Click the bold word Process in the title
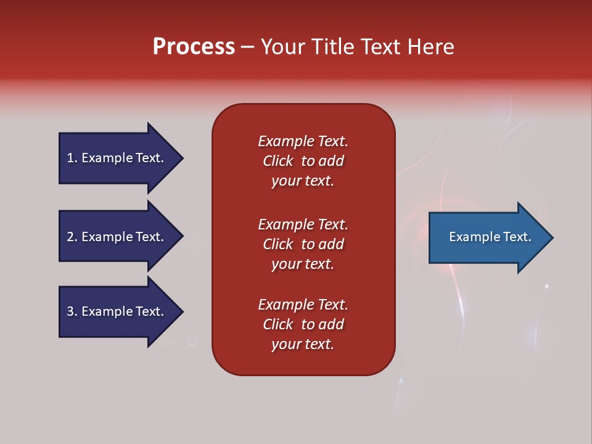tap(194, 47)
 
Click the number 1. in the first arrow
tap(72, 158)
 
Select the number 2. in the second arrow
tap(72, 237)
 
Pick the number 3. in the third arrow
tap(72, 311)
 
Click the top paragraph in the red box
tap(303, 161)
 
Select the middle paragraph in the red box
tap(303, 244)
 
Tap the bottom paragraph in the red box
tap(303, 324)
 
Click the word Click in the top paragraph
tap(277, 161)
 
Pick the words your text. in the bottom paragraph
tap(303, 344)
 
